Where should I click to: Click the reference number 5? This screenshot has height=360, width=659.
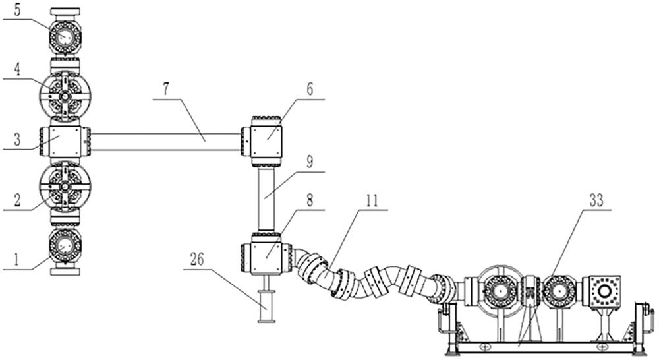(x=18, y=10)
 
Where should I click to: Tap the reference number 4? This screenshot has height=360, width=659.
(x=18, y=69)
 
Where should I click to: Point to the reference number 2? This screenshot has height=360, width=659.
(x=17, y=200)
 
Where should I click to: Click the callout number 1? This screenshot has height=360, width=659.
(x=16, y=260)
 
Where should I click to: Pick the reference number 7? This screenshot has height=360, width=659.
(x=167, y=90)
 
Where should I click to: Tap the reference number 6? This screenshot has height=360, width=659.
(x=310, y=89)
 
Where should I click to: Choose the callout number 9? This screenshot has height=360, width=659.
(x=310, y=162)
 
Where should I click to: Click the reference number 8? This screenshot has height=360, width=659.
(x=310, y=200)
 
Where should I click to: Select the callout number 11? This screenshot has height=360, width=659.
(x=371, y=200)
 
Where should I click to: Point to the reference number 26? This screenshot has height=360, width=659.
(x=196, y=260)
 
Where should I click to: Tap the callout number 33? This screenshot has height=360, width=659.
(x=596, y=200)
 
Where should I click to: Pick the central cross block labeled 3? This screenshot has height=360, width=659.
(x=65, y=142)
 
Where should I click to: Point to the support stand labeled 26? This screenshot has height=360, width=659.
(x=266, y=299)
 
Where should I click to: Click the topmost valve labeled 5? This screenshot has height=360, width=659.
(x=65, y=36)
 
